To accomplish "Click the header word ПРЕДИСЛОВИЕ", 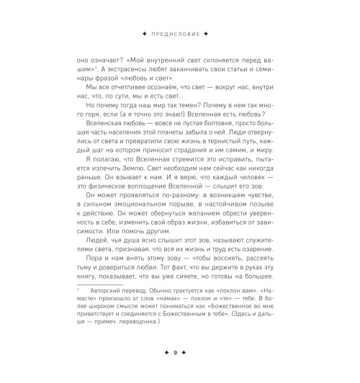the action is point(180,34).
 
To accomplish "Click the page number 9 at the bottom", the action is point(180,353).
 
